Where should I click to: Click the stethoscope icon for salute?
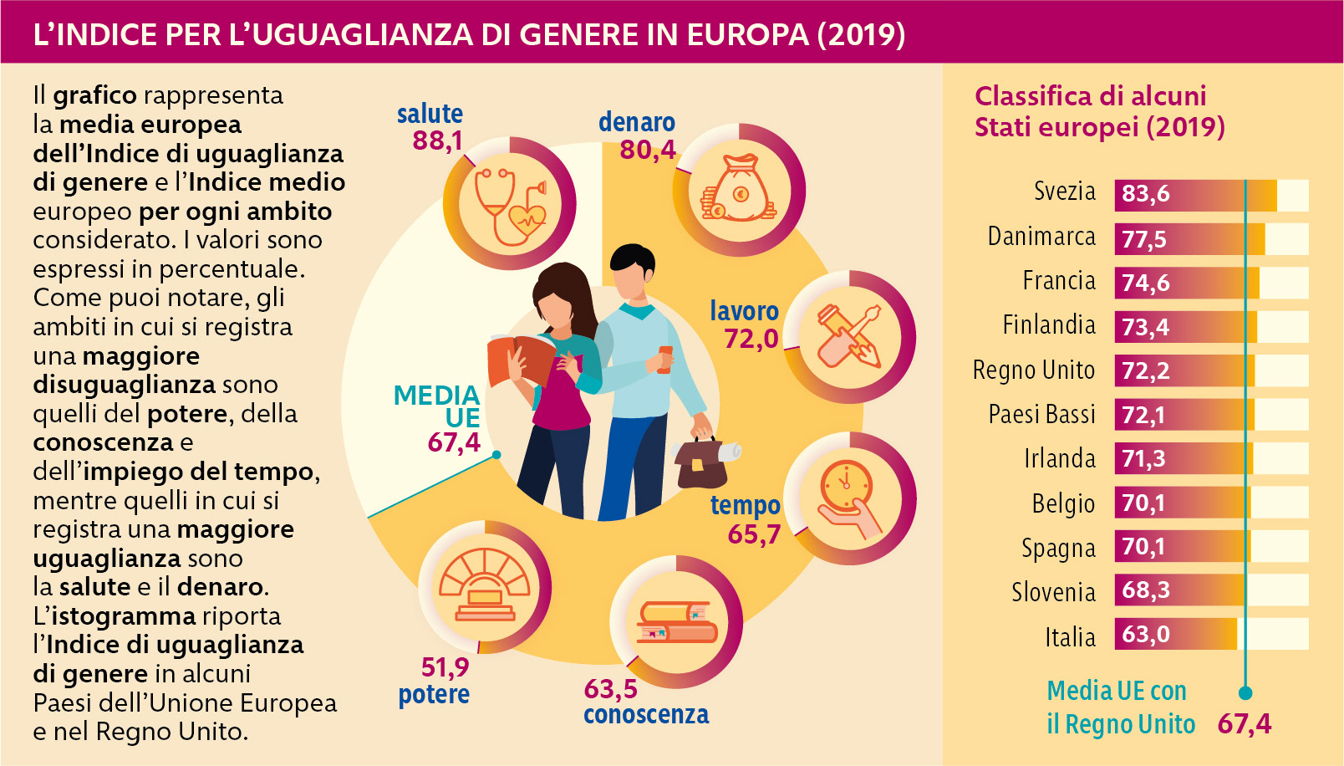click(509, 204)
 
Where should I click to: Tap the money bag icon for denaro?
click(739, 191)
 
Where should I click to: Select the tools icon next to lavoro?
click(849, 337)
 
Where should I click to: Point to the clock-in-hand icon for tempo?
click(849, 498)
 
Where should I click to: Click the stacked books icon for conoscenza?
click(675, 623)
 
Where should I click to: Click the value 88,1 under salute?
click(437, 140)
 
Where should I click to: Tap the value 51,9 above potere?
click(445, 667)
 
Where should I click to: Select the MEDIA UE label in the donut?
click(437, 406)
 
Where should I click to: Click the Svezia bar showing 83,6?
click(1195, 195)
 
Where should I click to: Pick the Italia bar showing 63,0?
click(1175, 635)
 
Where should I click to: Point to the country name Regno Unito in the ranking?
click(1033, 370)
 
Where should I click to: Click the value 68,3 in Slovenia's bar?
click(1145, 590)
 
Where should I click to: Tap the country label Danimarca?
click(1041, 237)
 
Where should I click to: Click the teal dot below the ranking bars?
click(1245, 692)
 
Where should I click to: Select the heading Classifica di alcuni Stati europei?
click(1098, 111)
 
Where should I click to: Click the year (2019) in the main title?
click(861, 34)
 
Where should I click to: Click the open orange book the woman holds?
click(521, 358)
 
